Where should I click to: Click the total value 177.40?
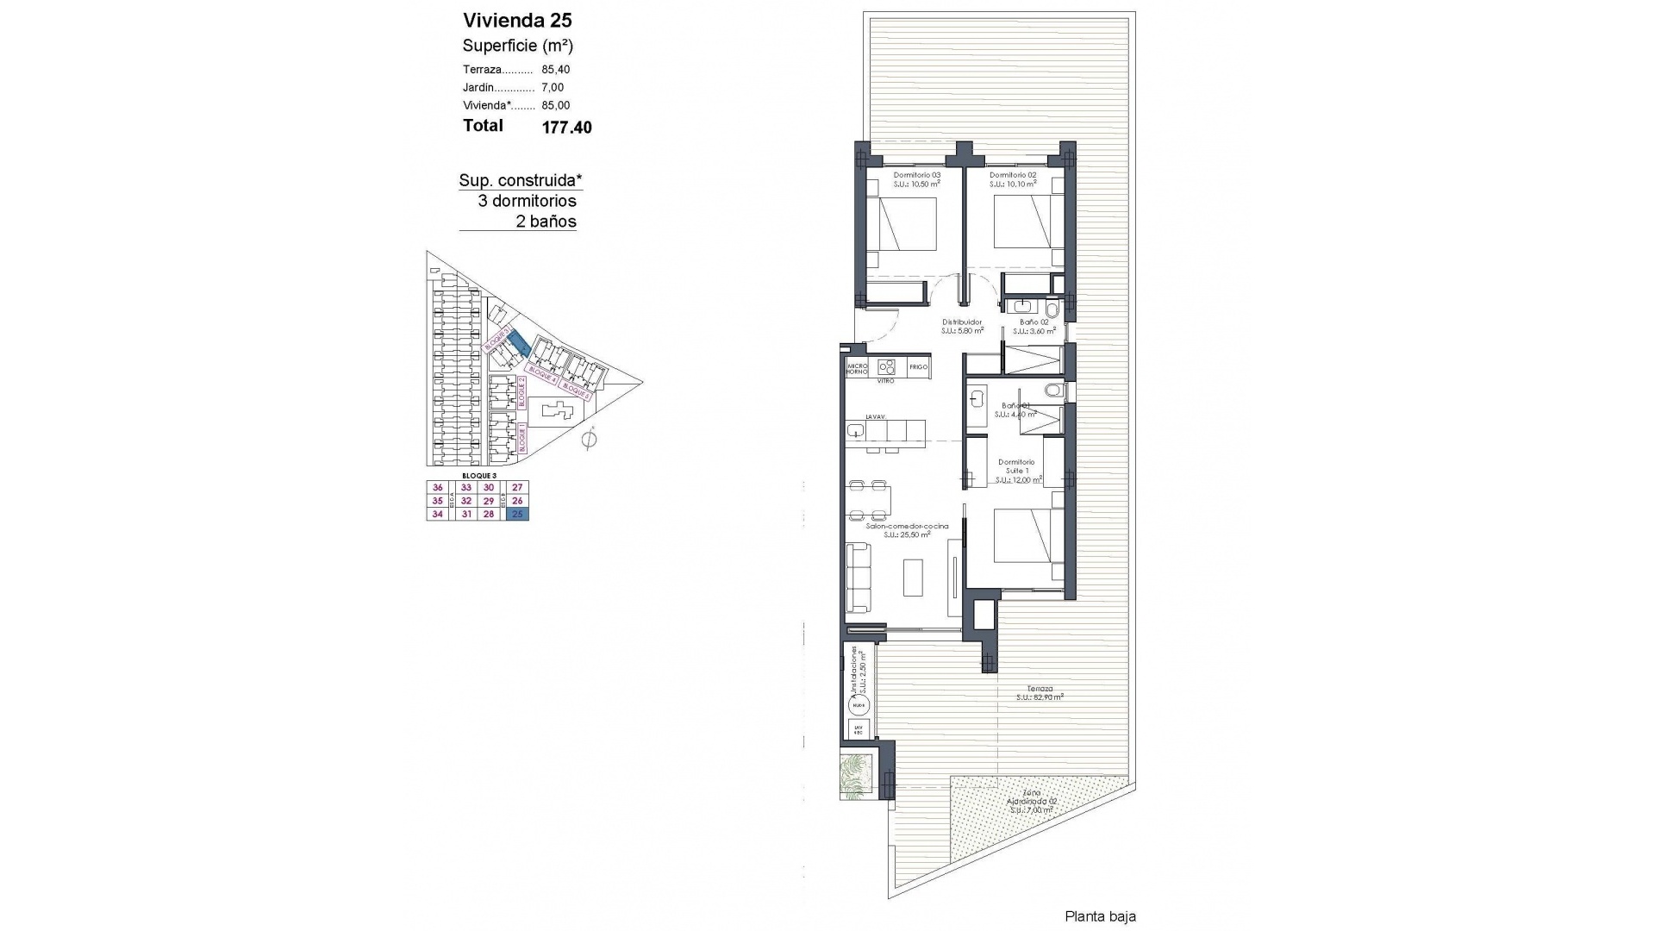[x=566, y=128]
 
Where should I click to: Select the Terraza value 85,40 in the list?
[x=556, y=70]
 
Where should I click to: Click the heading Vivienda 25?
[x=517, y=20]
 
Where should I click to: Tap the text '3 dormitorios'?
[x=527, y=201]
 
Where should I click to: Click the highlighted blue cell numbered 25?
[x=517, y=515]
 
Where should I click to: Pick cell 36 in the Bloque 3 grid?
[x=437, y=487]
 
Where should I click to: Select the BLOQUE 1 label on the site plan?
[x=521, y=438]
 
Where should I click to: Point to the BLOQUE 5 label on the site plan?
[x=577, y=391]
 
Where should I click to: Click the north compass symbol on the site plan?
[x=589, y=440]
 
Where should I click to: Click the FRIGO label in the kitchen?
[x=918, y=367]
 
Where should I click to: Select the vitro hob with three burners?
[x=885, y=366]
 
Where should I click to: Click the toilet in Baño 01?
[x=1053, y=392]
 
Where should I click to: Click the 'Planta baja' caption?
[x=1100, y=916]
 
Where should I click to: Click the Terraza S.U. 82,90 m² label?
[x=1040, y=692]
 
